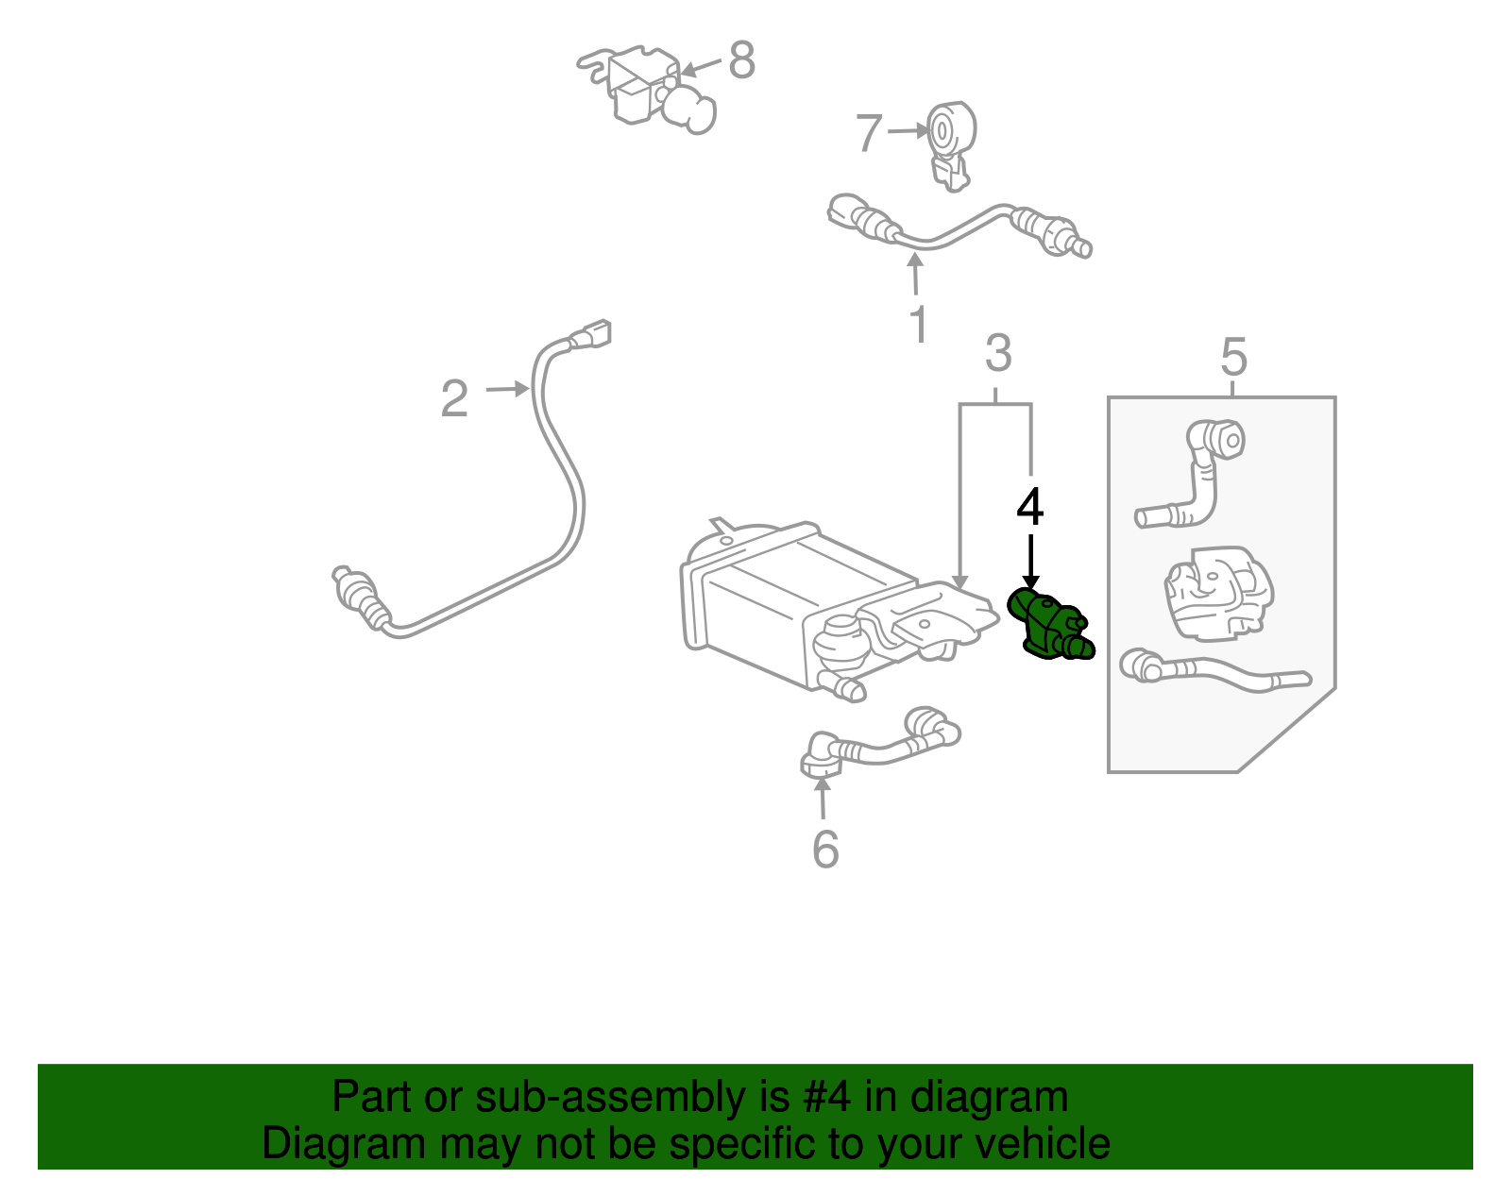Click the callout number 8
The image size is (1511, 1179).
[x=742, y=60]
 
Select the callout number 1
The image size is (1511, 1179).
[x=918, y=324]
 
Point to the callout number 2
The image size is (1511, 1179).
[x=454, y=398]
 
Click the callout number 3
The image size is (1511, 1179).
[x=998, y=353]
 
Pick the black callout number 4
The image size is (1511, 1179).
[x=1029, y=507]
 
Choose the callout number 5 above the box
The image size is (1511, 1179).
[x=1233, y=357]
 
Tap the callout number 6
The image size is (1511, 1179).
[x=825, y=850]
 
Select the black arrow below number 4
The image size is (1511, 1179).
[x=1030, y=563]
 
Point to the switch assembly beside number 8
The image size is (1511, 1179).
[x=647, y=90]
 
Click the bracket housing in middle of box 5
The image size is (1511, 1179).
[x=1218, y=592]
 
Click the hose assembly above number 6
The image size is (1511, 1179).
[x=878, y=746]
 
